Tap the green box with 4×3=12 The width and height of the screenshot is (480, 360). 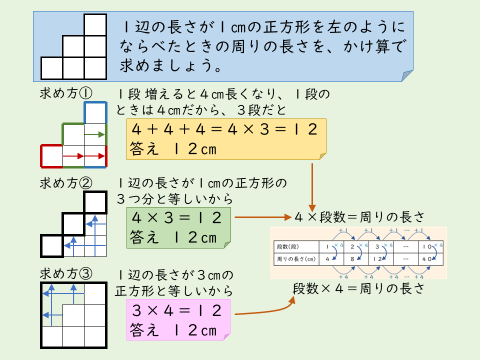[x=178, y=227]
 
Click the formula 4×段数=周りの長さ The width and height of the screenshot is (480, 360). [x=359, y=217]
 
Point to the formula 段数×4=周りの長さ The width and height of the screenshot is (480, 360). [x=358, y=288]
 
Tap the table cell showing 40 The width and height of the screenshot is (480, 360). [x=427, y=259]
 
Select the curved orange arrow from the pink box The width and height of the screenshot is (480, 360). [x=265, y=310]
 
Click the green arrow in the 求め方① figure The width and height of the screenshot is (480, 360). [x=95, y=134]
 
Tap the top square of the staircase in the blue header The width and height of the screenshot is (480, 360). [x=95, y=24]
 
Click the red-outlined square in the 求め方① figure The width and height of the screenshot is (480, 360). [x=51, y=156]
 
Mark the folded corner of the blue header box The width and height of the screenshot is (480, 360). [x=408, y=76]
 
